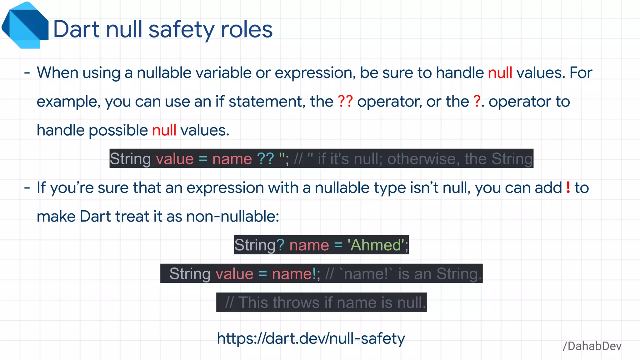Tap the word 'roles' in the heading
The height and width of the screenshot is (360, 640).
click(x=247, y=30)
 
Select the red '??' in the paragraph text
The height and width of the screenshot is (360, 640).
click(x=345, y=102)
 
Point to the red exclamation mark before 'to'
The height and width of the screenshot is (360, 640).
click(x=568, y=187)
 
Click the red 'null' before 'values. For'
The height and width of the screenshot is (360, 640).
click(x=500, y=73)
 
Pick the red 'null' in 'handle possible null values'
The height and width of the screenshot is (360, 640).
click(x=164, y=130)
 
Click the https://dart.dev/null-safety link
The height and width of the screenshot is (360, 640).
click(x=311, y=338)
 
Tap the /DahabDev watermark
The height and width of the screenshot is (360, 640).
click(x=592, y=346)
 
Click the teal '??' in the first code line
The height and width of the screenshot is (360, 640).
click(x=265, y=159)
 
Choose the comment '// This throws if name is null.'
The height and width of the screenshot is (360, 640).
click(x=325, y=302)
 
